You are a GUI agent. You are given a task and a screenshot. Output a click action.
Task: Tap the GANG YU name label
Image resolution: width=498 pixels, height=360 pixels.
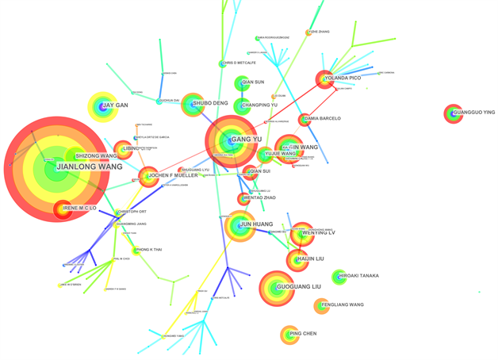(x=247, y=140)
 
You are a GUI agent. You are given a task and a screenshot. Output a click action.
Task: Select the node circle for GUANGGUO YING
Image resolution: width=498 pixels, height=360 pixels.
(x=453, y=113)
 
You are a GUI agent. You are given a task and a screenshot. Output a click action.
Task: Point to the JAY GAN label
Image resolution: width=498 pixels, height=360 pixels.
(x=115, y=105)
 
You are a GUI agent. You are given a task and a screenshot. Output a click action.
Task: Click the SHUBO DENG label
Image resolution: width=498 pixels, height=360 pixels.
(x=210, y=103)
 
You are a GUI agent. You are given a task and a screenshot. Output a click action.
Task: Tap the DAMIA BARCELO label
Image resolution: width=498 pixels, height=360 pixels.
(x=322, y=119)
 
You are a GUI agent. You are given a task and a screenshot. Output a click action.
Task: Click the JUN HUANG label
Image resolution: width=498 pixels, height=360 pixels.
(x=256, y=224)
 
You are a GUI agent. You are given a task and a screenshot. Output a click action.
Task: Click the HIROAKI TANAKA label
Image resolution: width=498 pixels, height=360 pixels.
(x=358, y=277)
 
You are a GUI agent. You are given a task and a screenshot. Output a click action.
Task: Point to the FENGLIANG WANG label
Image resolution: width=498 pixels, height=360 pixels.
(x=343, y=304)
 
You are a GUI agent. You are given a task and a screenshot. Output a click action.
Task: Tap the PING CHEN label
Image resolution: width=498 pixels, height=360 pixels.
(x=303, y=334)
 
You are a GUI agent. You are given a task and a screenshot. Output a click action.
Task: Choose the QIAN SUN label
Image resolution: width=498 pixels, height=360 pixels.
(x=253, y=82)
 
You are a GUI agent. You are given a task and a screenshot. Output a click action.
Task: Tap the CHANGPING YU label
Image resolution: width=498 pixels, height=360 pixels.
(x=259, y=105)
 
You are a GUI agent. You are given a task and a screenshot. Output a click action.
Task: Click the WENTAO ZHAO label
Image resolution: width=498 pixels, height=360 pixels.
(x=259, y=197)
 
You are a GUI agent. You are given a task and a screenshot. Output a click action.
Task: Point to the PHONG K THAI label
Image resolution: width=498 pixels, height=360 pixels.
(x=149, y=250)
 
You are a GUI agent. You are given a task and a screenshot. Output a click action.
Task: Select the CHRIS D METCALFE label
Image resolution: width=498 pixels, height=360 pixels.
(x=239, y=63)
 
